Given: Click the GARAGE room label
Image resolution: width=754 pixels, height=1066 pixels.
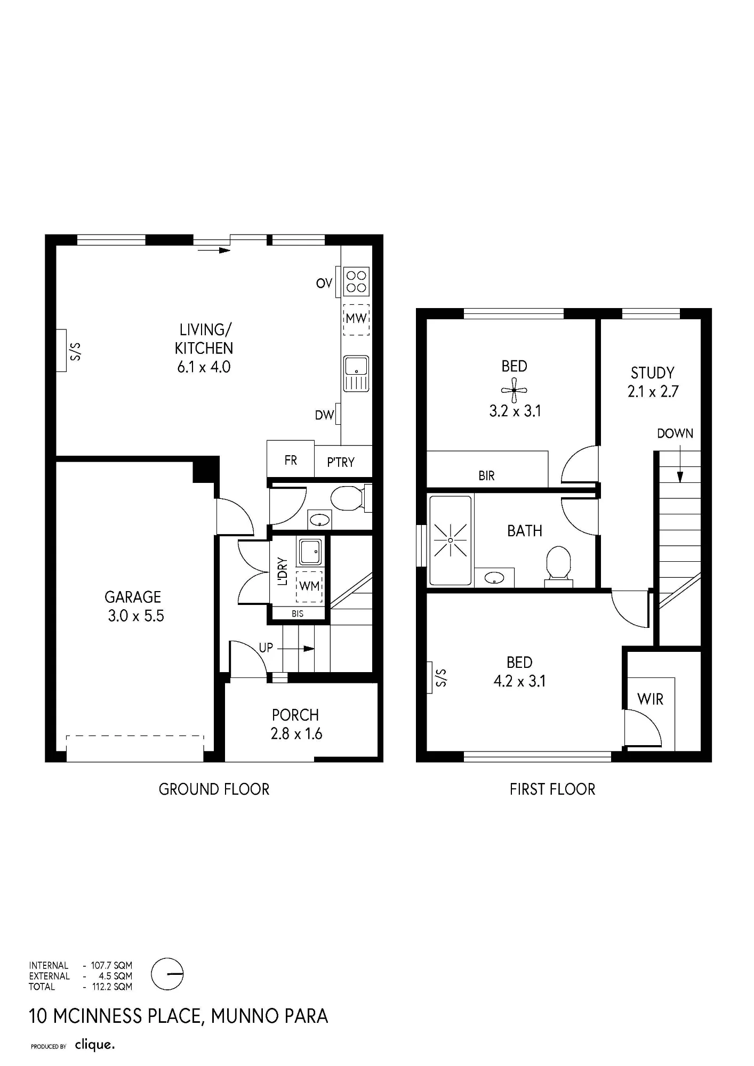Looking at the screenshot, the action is pos(133,597).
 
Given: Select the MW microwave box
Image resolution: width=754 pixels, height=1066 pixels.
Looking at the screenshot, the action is pos(356,319).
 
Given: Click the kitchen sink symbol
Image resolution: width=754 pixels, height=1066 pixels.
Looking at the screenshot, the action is pos(356,373).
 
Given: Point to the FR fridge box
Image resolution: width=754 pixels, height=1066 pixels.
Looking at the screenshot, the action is pos(290,459).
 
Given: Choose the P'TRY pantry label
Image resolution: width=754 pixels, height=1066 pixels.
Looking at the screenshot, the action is pos(341,462).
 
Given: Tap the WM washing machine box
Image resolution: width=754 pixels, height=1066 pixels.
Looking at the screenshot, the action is pos(309,586).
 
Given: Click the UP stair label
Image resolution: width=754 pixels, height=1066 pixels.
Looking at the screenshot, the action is pos(266,648).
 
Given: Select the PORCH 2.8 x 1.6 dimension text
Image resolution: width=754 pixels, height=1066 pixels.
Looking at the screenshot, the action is pos(296,734).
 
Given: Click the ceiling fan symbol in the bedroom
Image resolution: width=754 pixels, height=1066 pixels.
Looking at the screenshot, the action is pos(514,390).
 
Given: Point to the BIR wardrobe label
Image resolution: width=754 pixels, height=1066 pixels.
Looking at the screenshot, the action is pos(486,475).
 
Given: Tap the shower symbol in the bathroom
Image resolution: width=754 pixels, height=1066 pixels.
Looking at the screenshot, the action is pos(451,540).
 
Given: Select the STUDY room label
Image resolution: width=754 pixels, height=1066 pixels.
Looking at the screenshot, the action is pos(653,373).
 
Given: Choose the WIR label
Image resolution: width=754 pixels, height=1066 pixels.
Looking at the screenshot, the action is pos(650,699).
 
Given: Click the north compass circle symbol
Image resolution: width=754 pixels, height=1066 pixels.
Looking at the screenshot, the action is pos(167,974).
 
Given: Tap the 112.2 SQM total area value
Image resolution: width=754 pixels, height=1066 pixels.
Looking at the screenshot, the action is pos(112,987).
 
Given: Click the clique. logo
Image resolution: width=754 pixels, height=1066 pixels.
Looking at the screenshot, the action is pos(95,1045).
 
